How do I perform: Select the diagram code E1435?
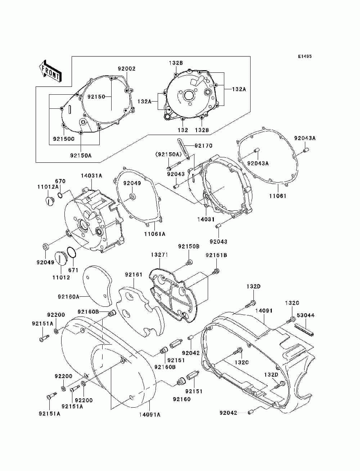click(305, 57)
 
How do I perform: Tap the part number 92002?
click(127, 68)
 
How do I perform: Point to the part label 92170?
click(203, 146)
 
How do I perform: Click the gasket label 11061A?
click(154, 234)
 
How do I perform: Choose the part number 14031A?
click(91, 176)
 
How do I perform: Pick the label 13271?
click(159, 255)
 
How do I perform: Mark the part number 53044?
click(305, 315)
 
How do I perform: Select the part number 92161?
click(134, 275)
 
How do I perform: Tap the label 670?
click(60, 181)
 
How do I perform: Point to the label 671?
click(73, 270)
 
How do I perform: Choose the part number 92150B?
click(189, 247)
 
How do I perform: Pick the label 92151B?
click(216, 255)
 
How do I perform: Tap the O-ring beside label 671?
click(72, 253)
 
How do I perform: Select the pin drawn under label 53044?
click(305, 329)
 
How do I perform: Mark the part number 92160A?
click(68, 297)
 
